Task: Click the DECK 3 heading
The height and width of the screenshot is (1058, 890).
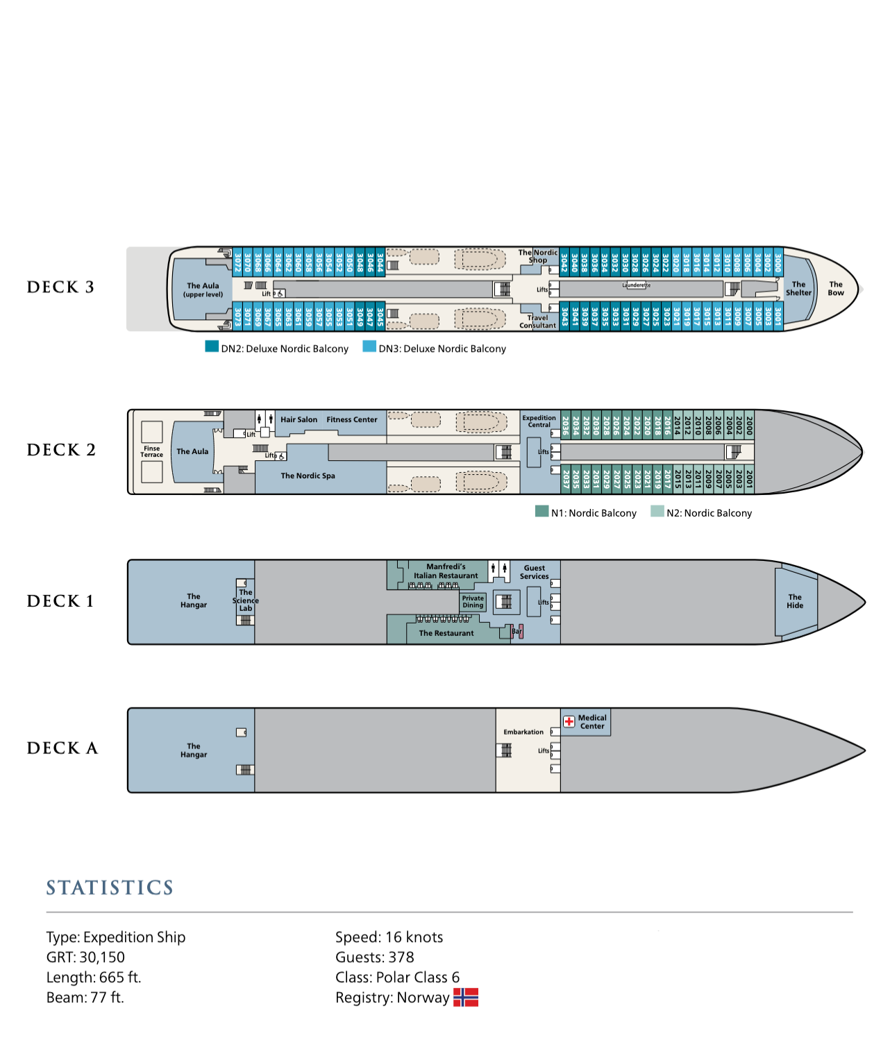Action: [60, 287]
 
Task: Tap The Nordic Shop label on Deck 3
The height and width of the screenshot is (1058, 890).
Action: [538, 256]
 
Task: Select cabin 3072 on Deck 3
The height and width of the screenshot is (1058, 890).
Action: [237, 262]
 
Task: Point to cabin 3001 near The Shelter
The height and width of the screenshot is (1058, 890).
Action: [778, 317]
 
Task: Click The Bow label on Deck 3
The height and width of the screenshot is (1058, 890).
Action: [836, 288]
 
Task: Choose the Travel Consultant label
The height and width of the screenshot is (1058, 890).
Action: [538, 321]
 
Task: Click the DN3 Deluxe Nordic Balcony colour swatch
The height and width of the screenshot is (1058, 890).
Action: [369, 346]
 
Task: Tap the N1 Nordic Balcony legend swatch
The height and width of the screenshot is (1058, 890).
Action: [541, 512]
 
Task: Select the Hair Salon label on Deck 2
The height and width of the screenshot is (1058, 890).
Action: [299, 420]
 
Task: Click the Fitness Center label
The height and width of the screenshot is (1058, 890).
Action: [352, 420]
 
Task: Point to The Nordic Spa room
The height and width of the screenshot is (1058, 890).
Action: [308, 476]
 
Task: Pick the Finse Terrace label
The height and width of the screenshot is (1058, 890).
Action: [151, 452]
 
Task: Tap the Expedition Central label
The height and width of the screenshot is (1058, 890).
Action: [539, 421]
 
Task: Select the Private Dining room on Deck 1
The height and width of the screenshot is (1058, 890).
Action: [473, 602]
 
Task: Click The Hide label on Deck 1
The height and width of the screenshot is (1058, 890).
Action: [795, 601]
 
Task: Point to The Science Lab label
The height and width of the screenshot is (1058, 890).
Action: [246, 601]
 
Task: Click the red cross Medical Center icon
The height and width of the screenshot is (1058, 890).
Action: [569, 721]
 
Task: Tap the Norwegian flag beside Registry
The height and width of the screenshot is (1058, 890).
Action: [466, 998]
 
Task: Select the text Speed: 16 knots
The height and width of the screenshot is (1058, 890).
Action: [389, 937]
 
